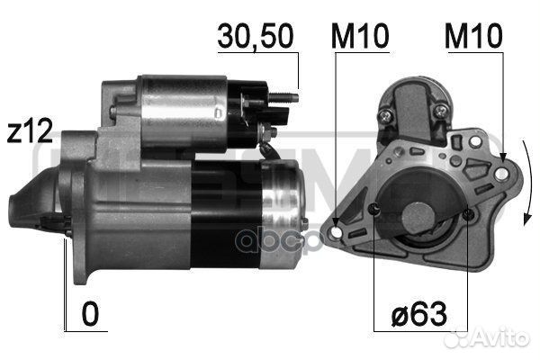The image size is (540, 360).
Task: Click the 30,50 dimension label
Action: [256, 36]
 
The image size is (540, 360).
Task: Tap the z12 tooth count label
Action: [30, 130]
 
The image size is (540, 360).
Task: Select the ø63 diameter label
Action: [419, 314]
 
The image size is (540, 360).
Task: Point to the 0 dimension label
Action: [90, 314]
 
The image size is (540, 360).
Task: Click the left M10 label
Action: [360, 36]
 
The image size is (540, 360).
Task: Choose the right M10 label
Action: [473, 36]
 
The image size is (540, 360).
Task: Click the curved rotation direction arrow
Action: [527, 183]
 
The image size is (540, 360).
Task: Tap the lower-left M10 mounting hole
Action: [336, 232]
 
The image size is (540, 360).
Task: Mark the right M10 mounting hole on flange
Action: [501, 174]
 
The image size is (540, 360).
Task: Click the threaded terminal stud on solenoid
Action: [283, 97]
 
